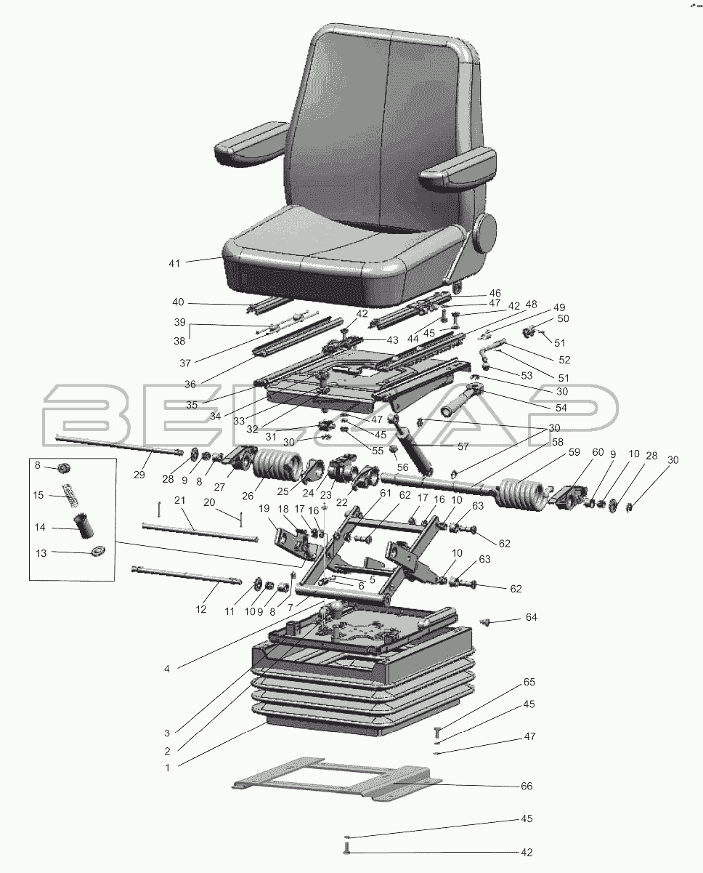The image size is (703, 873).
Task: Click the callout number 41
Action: tap(174, 264)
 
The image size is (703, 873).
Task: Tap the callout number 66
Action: tap(527, 786)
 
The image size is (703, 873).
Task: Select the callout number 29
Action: tap(139, 475)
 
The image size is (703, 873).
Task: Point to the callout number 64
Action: tap(531, 617)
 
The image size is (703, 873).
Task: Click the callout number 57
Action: tap(463, 446)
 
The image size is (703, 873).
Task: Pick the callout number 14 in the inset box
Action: tap(40, 528)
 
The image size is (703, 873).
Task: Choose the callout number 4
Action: tap(167, 669)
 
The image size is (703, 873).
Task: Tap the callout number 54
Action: tap(561, 408)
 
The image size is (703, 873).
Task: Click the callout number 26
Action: tap(248, 496)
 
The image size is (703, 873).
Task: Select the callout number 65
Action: tap(529, 682)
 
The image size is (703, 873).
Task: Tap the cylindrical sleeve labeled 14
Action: tap(83, 526)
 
